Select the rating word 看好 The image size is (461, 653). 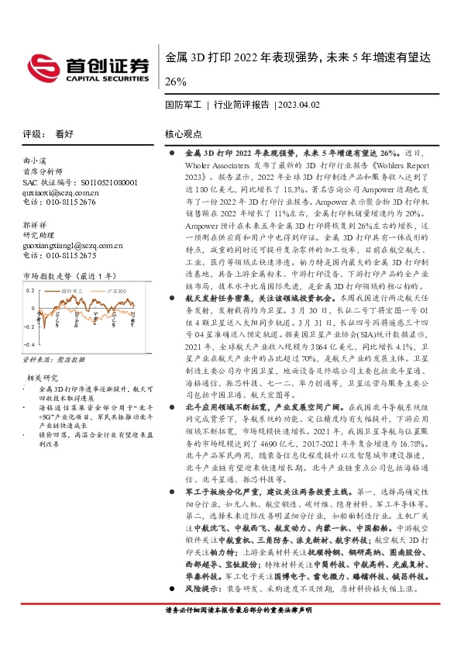64,133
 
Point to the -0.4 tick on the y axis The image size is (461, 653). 29,342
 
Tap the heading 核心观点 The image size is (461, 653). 184,133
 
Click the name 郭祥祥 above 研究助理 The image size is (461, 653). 36,225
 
